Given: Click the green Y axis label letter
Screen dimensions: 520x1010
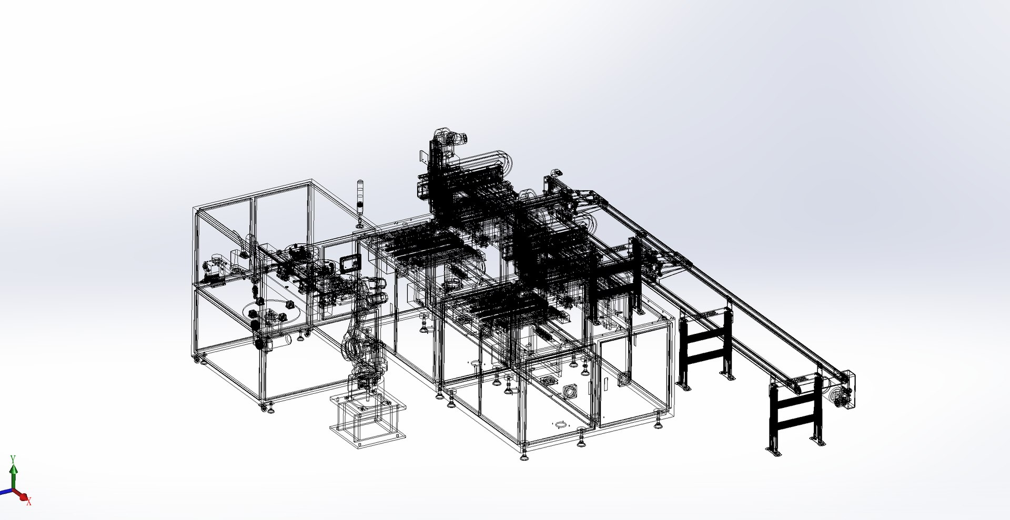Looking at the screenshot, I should pyautogui.click(x=13, y=459).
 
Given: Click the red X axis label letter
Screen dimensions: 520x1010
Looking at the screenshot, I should pyautogui.click(x=29, y=503).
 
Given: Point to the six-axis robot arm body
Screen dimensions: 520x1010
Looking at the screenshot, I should pyautogui.click(x=363, y=331).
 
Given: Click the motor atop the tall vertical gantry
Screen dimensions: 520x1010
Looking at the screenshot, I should pyautogui.click(x=452, y=138).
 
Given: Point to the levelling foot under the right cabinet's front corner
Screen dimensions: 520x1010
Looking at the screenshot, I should pyautogui.click(x=524, y=455).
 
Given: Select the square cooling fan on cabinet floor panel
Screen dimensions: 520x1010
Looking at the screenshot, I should pyautogui.click(x=570, y=392).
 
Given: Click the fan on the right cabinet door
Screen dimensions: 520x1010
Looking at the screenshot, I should pyautogui.click(x=624, y=379).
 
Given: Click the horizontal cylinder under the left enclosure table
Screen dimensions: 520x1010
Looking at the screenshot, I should pyautogui.click(x=279, y=341).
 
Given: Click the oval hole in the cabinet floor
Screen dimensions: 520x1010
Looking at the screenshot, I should pyautogui.click(x=561, y=423).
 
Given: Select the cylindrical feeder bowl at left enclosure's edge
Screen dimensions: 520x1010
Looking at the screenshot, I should pyautogui.click(x=216, y=260).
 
